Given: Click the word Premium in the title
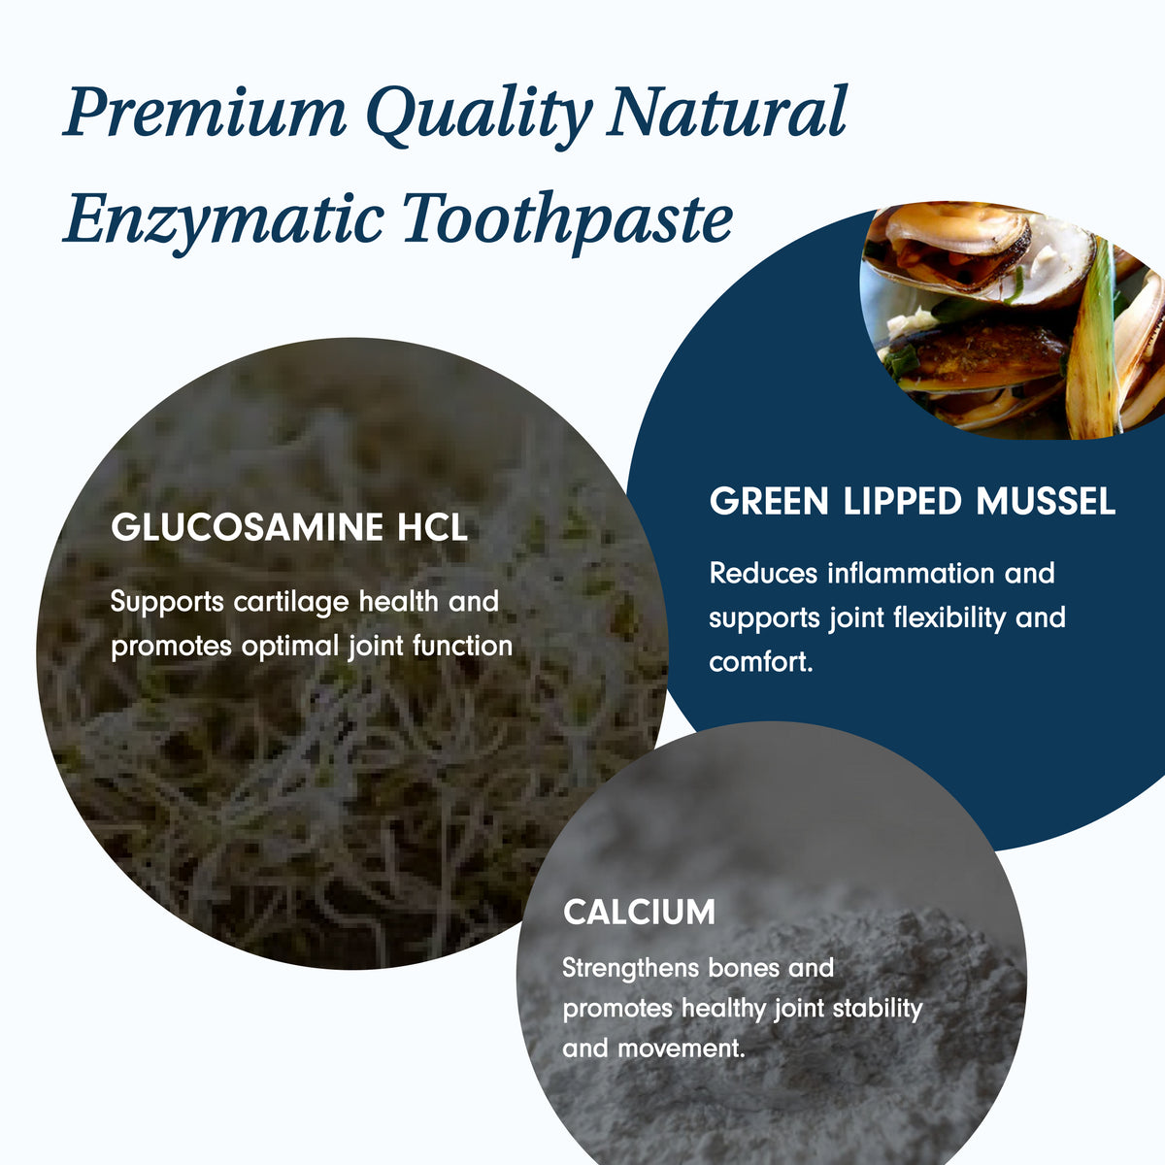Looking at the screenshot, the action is (205, 113).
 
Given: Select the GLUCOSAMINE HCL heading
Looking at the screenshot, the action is (289, 527).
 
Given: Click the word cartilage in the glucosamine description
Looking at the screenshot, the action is (291, 603).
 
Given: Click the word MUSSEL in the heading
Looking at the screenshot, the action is (1046, 501).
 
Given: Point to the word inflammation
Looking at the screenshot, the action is (911, 573).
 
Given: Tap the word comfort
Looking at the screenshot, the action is (760, 663).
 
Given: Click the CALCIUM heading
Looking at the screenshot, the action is (639, 913).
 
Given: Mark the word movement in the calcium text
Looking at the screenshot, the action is (682, 1048).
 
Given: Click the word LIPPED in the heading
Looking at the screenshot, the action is (902, 501).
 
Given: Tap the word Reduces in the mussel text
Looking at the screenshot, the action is (763, 573).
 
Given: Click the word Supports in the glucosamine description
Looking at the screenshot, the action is (167, 603).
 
